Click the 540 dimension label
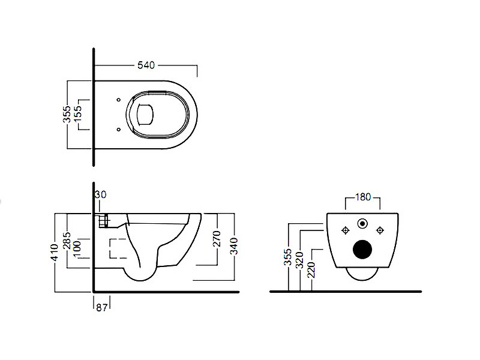click(x=146, y=65)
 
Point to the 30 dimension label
click(x=100, y=194)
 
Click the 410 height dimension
click(x=56, y=259)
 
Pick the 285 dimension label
click(x=68, y=243)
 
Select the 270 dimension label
click(x=217, y=238)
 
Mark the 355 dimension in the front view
click(x=289, y=257)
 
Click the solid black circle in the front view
click(x=362, y=249)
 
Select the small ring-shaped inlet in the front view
click(x=362, y=224)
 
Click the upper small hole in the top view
click(x=118, y=100)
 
